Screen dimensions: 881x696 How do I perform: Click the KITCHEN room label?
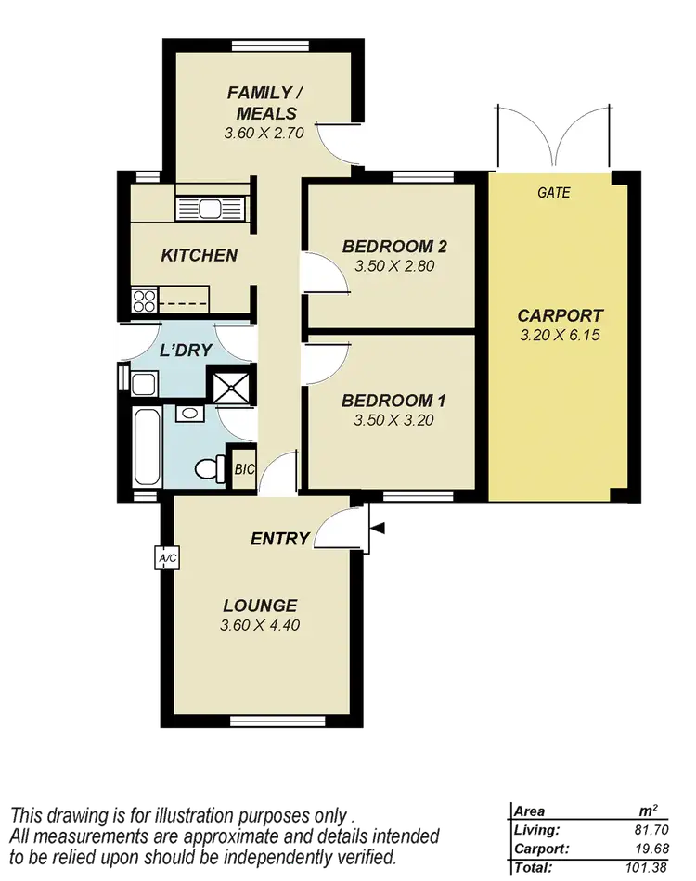point(199,255)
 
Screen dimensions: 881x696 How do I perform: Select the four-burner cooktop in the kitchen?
point(144,300)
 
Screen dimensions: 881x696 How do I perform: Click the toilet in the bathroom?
point(211,468)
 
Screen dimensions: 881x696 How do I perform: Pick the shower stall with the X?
point(228,386)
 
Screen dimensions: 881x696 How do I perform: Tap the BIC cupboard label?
point(244,470)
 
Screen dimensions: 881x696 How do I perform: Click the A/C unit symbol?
point(168,558)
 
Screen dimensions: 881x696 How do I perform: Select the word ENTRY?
point(279,539)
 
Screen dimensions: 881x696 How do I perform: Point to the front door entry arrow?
point(380,529)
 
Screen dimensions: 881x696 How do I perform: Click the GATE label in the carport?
point(554,193)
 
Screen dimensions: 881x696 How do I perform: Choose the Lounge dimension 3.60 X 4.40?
point(260,625)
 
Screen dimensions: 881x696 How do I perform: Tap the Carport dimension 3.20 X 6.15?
point(560,335)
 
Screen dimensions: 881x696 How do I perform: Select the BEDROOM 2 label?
point(394,247)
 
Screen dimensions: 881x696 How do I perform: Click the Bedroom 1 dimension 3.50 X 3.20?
point(394,419)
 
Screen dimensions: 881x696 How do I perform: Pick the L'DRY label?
point(187,351)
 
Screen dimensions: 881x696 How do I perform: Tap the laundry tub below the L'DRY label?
point(144,384)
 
